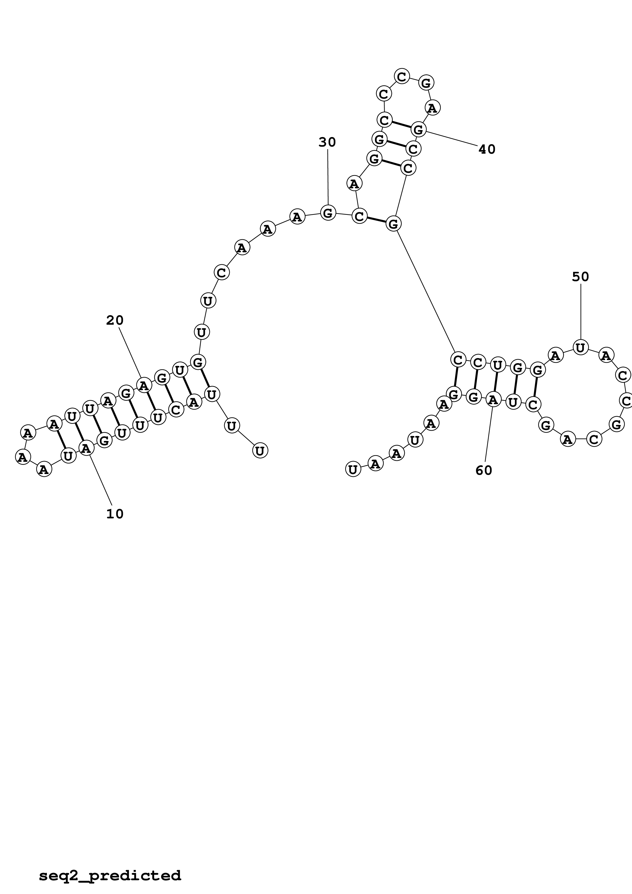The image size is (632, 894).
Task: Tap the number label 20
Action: [115, 320]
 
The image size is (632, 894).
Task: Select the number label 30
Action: [327, 142]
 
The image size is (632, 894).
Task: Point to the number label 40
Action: [487, 149]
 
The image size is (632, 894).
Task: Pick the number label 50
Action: [580, 277]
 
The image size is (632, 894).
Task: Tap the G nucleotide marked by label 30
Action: [328, 213]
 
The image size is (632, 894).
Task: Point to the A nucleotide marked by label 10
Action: [86, 449]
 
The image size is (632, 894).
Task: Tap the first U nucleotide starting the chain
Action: [260, 451]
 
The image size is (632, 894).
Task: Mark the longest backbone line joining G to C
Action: [425, 291]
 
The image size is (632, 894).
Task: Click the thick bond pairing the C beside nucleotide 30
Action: [376, 220]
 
